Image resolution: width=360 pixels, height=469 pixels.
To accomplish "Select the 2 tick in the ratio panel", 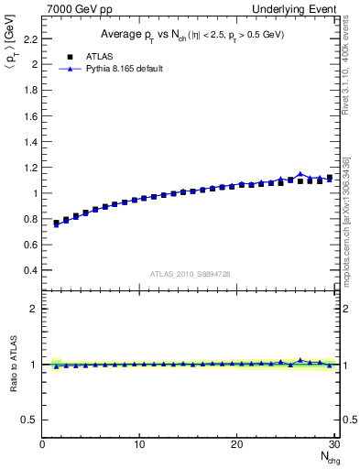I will click(x=34, y=309).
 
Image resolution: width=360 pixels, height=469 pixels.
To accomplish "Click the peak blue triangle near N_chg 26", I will click(x=300, y=174).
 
